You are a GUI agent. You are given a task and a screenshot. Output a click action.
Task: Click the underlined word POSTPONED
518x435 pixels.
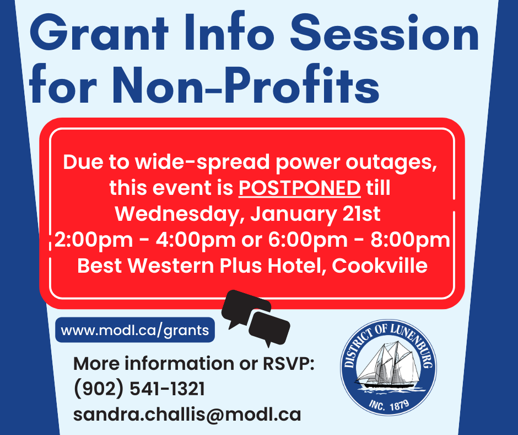pyautogui.click(x=300, y=188)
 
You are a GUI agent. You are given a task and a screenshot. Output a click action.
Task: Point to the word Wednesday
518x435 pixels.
pyautogui.click(x=178, y=214)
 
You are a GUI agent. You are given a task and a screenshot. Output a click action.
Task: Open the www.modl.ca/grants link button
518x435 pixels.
pyautogui.click(x=135, y=331)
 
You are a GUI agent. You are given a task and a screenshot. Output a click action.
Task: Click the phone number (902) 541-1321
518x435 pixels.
pyautogui.click(x=139, y=389)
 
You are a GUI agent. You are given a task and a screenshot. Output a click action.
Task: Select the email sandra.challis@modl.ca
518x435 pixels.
pyautogui.click(x=187, y=415)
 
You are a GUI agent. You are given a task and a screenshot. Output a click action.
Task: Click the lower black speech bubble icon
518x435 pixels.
pyautogui.click(x=269, y=327)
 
